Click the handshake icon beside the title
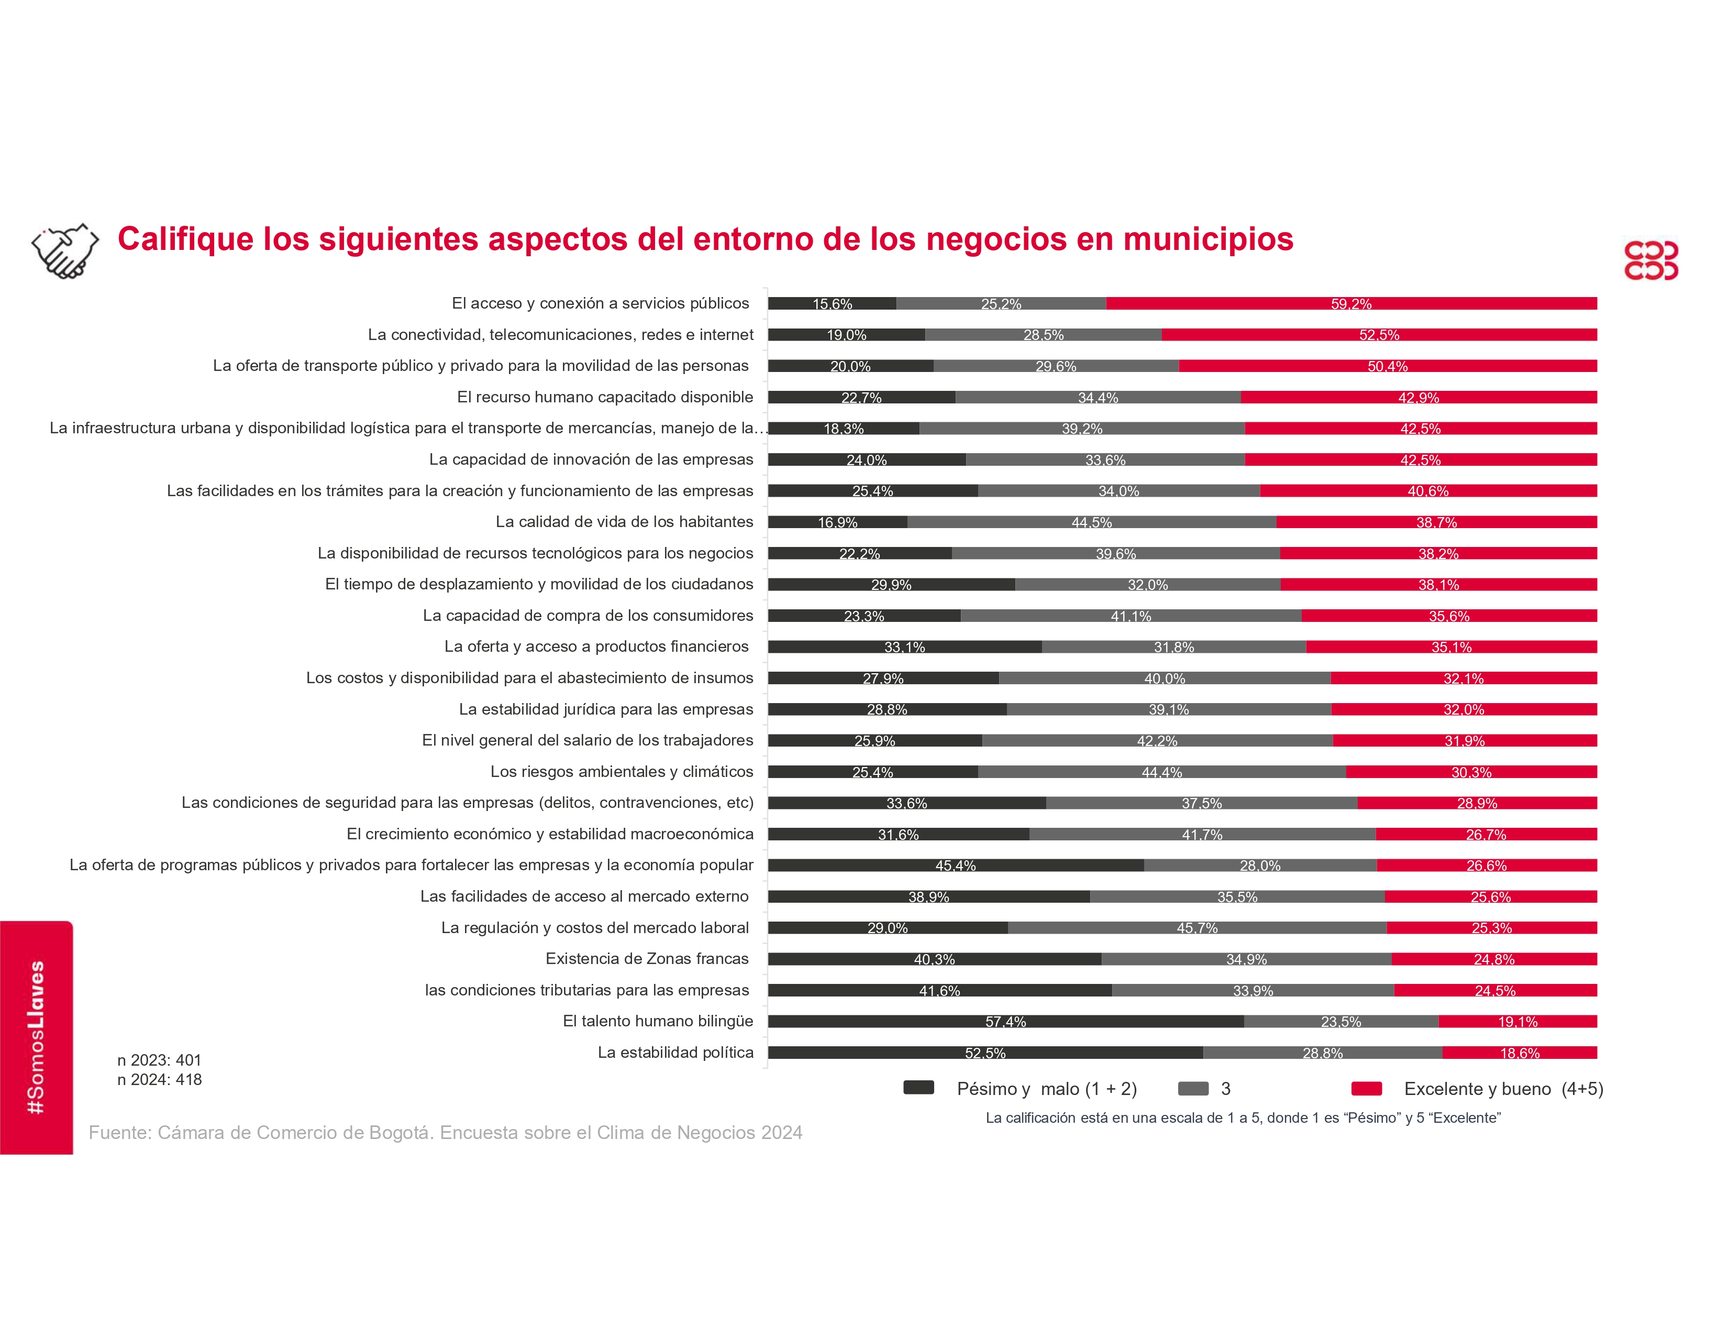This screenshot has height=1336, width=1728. coord(65,251)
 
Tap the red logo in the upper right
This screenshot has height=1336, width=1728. coord(1651,260)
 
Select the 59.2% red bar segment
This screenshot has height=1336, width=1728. coord(1352,304)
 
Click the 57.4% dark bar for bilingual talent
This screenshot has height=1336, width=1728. coord(1005,1022)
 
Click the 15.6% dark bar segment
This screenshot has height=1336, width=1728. coord(832,304)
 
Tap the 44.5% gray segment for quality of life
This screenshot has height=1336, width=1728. coord(1091,522)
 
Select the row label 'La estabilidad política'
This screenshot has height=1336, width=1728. coord(675,1053)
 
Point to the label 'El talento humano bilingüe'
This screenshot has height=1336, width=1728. coord(658,1022)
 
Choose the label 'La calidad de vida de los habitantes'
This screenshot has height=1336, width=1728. coord(624,522)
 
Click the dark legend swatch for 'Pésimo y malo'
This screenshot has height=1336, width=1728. coord(918,1088)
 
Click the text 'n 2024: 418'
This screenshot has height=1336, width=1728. coord(160,1080)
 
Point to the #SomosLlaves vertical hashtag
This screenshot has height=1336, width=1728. coord(36,1037)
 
